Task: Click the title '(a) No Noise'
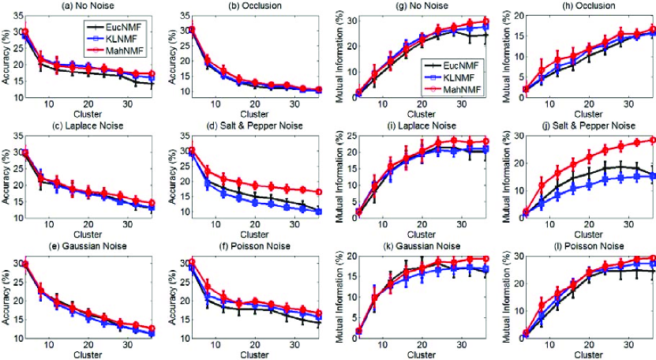coord(88,6)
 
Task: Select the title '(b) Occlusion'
coord(254,6)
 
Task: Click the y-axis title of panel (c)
coord(6,178)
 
